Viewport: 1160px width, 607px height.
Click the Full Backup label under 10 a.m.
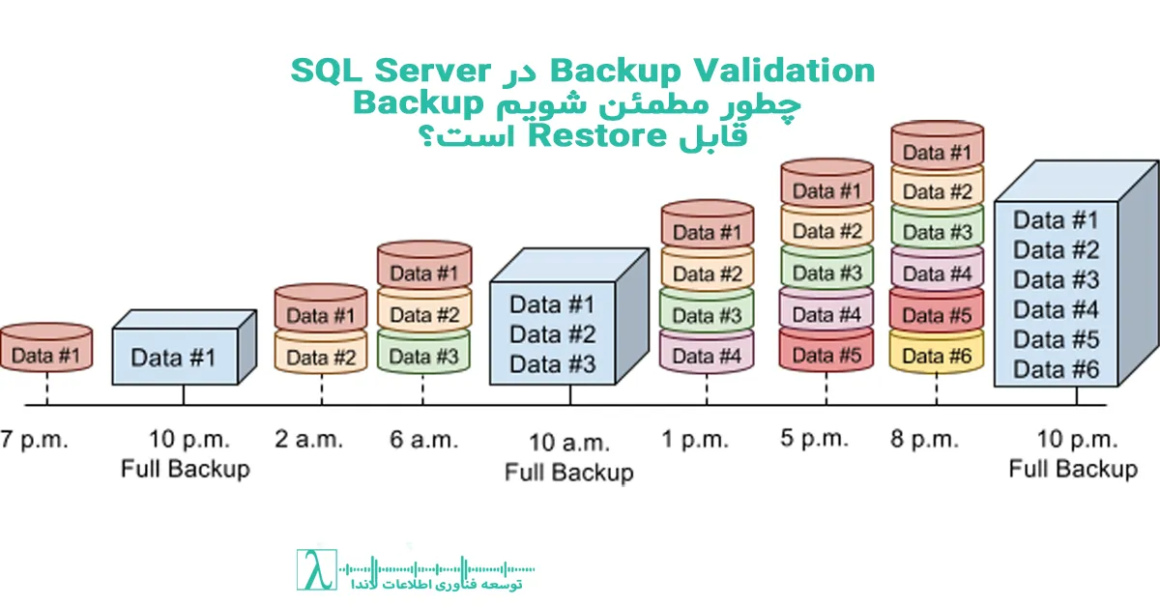click(569, 473)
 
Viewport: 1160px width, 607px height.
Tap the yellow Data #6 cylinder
click(936, 356)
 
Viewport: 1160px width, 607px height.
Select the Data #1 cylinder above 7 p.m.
click(45, 355)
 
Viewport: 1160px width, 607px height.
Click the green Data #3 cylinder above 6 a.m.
click(423, 355)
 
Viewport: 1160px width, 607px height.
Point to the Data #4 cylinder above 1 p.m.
click(706, 356)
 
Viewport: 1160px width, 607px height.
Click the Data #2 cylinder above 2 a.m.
click(321, 357)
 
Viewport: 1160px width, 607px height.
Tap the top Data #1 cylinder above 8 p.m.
click(936, 152)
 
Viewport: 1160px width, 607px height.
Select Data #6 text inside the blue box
click(1057, 369)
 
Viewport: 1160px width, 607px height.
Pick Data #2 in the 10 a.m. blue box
click(552, 334)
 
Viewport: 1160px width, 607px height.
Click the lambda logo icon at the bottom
click(314, 571)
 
